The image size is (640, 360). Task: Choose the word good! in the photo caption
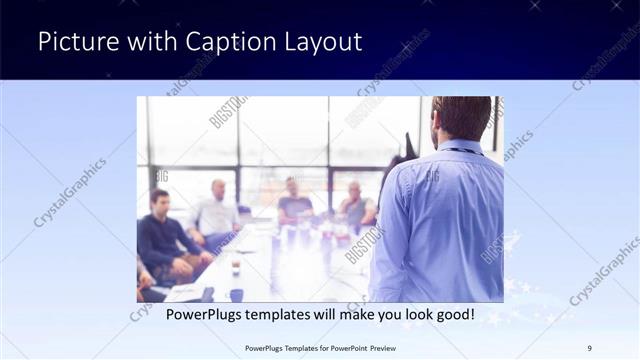pos(453,315)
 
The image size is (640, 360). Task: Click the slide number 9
pos(590,348)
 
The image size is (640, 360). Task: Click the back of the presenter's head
pos(461,118)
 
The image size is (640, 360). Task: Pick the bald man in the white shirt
pos(217,210)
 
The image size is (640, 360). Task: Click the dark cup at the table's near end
pos(236,294)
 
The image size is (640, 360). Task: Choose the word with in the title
pos(135,42)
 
